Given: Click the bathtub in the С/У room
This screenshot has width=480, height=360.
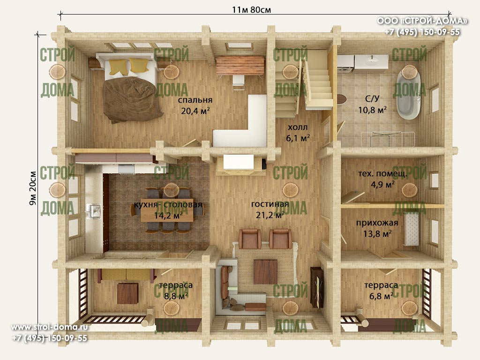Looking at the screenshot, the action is [408, 95].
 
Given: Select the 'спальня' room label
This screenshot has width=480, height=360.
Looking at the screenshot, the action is [195, 100].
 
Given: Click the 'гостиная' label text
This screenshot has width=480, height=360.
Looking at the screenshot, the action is [270, 204].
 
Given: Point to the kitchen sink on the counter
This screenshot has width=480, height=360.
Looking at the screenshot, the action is [94, 211].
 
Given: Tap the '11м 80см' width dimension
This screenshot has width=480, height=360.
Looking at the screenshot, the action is [251, 10].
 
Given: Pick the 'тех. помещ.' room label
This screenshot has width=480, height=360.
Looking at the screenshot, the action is [382, 173].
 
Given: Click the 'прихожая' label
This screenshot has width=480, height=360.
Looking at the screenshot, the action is [377, 223].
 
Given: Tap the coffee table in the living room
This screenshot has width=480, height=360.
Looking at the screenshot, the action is [265, 272].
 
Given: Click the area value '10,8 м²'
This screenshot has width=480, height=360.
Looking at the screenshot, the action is [372, 110].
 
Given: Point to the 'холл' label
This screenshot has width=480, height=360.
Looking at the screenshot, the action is [298, 127].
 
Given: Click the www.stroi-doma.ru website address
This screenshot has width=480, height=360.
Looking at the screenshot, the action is [49, 327].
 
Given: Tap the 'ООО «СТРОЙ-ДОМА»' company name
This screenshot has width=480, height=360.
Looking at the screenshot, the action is [422, 21].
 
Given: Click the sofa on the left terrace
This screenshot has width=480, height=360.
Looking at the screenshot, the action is [126, 275].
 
